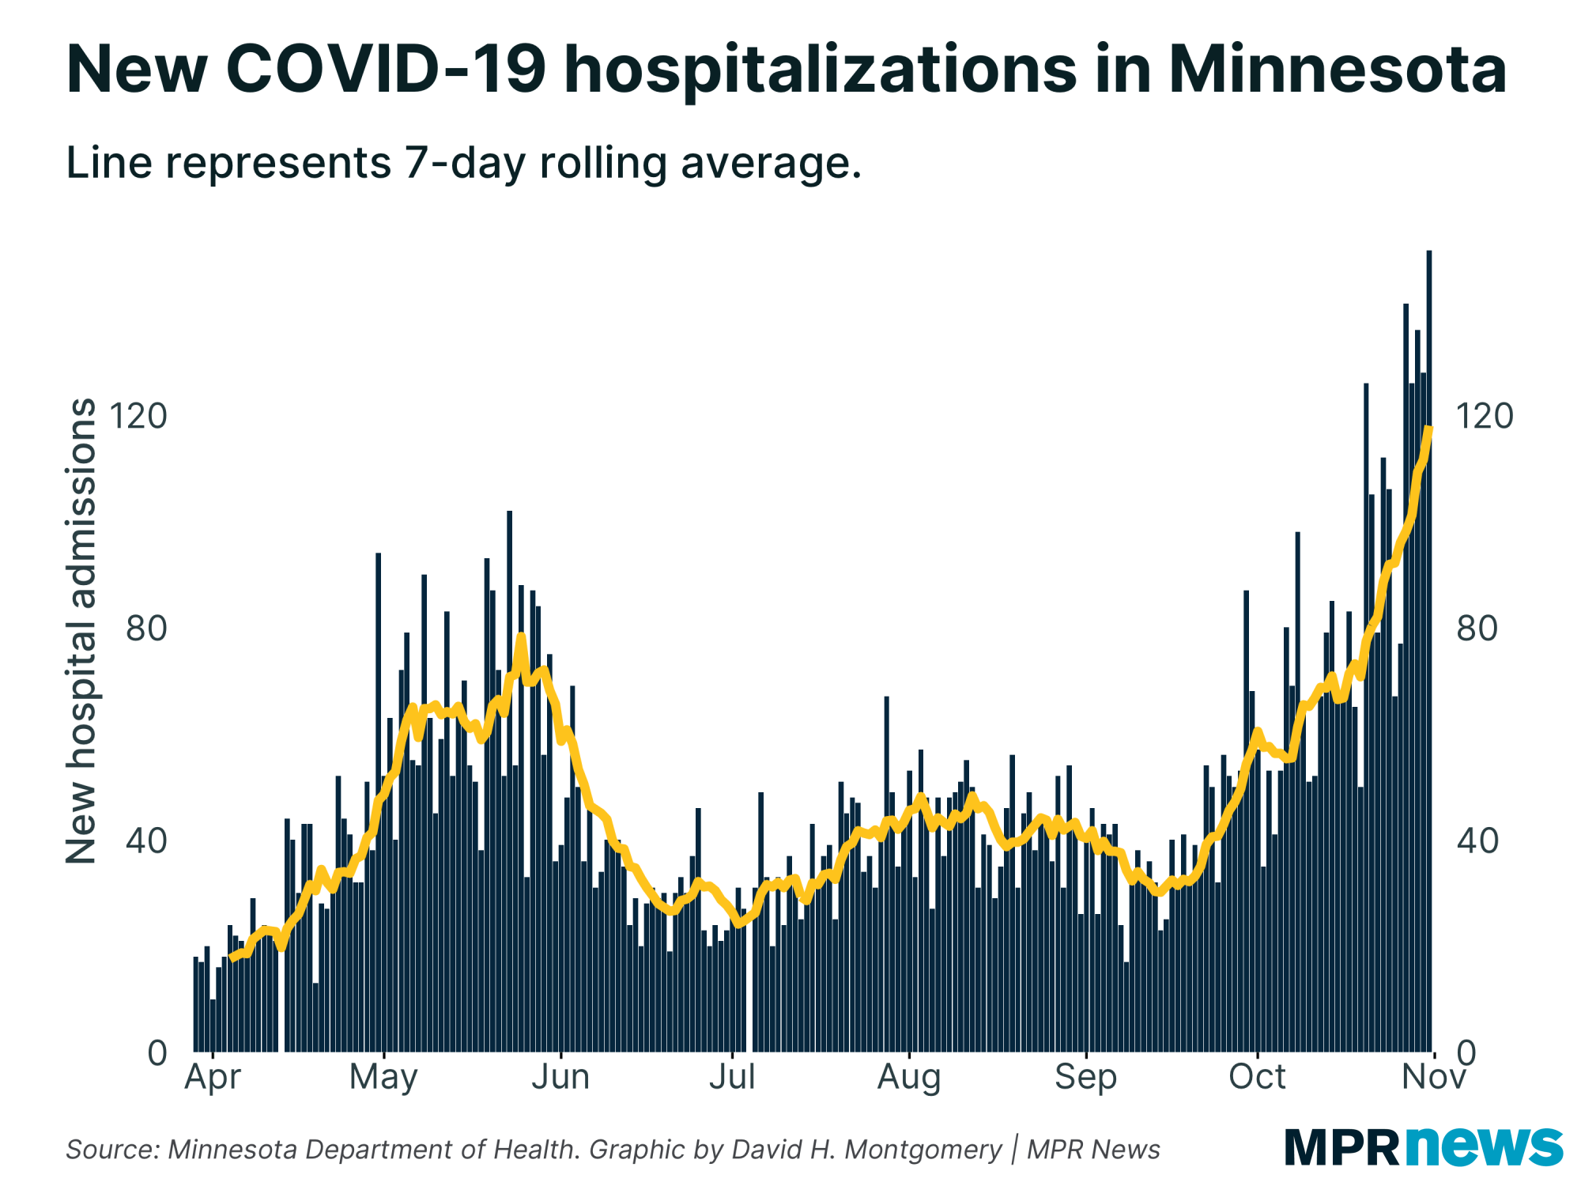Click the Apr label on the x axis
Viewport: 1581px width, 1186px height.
pos(213,1077)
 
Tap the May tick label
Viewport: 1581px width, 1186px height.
pos(383,1077)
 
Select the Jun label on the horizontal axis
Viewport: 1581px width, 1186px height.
pos(560,1077)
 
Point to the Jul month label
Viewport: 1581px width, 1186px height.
pos(732,1077)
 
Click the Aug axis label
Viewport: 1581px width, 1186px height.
pos(909,1077)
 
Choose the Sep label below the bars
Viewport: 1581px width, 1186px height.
pos(1086,1077)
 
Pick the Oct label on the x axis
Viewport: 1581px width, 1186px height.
pos(1258,1077)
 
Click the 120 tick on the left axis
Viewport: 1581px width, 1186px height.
pos(139,416)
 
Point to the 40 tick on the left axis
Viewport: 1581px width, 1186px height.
pos(147,841)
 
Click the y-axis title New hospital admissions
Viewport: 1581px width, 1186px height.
pos(81,631)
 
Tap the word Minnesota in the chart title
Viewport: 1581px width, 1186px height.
pos(1338,70)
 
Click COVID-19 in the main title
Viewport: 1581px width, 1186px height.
pos(386,70)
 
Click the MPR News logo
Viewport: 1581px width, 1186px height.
pos(1423,1146)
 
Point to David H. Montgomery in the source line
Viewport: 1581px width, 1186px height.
pos(867,1150)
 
